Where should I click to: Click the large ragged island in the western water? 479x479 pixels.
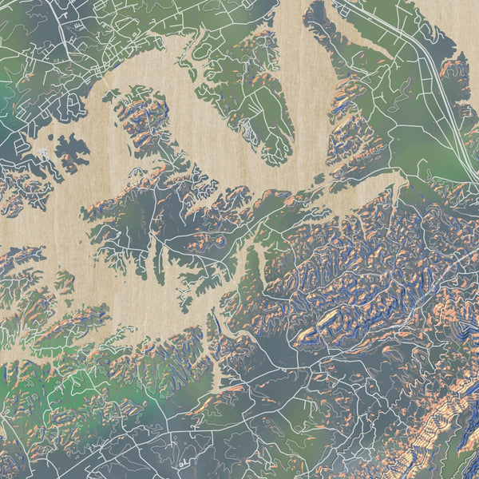[72, 152]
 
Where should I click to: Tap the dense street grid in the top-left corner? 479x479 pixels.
[48, 24]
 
